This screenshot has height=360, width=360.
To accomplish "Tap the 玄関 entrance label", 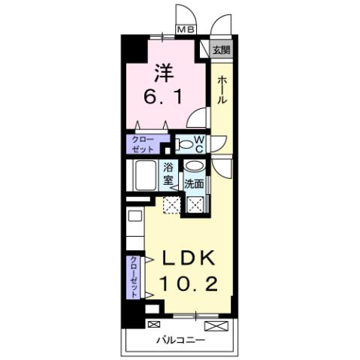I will click(x=220, y=50).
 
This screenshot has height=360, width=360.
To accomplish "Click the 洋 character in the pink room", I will click(x=165, y=72).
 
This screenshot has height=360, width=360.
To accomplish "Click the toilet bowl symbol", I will click(x=183, y=143).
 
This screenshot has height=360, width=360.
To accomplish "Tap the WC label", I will click(x=199, y=143).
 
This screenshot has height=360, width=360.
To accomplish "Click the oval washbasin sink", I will click(x=193, y=168).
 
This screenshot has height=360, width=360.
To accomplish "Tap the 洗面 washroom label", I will click(x=194, y=183).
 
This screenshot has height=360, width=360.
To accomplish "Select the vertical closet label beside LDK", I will click(x=133, y=274).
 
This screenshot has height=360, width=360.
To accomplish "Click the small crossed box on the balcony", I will click(x=153, y=324).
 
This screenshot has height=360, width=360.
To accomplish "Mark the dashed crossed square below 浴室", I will click(x=172, y=202).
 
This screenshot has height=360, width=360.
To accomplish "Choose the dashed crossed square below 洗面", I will click(x=195, y=202).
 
